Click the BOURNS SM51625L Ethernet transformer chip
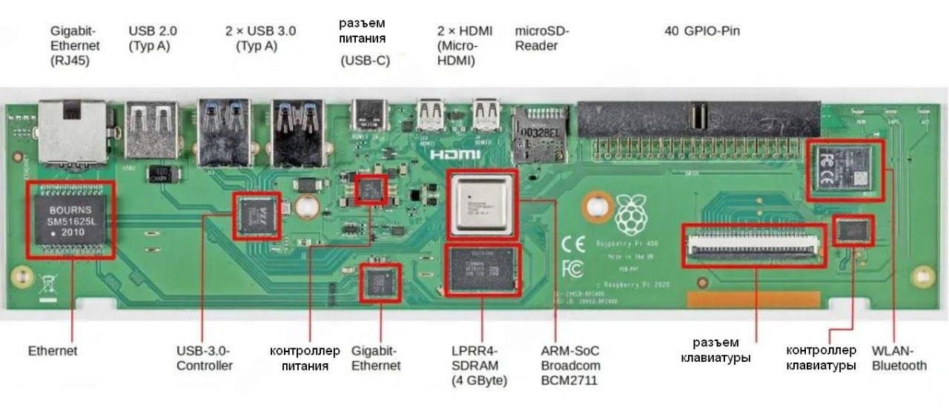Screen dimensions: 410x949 tap(71, 219)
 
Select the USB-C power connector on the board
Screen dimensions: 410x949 tap(368, 116)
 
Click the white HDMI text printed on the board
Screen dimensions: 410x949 tap(454, 155)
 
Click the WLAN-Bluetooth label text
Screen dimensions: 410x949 tap(899, 358)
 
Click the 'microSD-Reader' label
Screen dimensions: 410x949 tap(542, 38)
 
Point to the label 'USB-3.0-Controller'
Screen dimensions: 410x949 tap(205, 358)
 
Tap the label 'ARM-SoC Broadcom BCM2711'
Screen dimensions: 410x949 tap(569, 366)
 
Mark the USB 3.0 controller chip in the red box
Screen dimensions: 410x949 tap(257, 216)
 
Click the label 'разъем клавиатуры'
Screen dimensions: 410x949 tap(716, 350)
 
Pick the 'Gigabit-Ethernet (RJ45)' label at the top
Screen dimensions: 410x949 tap(75, 46)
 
